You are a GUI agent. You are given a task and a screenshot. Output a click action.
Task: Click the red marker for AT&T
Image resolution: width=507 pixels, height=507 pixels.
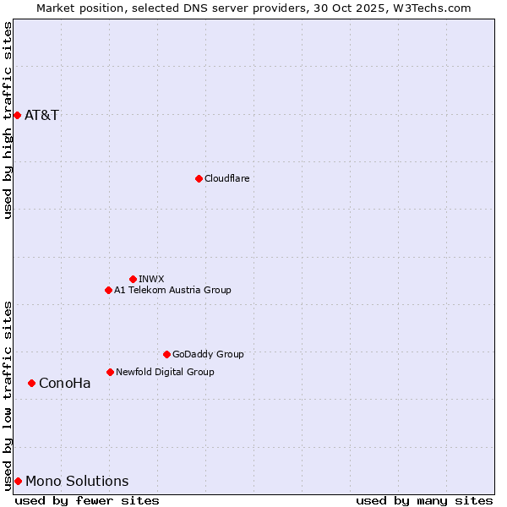pyautogui.click(x=17, y=115)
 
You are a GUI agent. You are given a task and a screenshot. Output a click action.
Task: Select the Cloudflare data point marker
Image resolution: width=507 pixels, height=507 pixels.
pyautogui.click(x=199, y=178)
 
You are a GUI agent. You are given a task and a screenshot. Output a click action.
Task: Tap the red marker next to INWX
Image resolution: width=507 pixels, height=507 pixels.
pyautogui.click(x=133, y=279)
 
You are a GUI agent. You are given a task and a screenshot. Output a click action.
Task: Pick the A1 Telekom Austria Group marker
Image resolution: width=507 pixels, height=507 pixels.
pyautogui.click(x=108, y=290)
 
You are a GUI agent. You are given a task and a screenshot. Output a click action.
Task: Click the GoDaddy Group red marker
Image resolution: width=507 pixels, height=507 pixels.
pyautogui.click(x=166, y=354)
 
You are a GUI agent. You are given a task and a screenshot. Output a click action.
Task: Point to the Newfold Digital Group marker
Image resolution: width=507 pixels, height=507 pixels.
pyautogui.click(x=110, y=372)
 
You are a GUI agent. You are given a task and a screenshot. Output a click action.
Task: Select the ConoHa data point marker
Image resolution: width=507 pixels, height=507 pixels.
pyautogui.click(x=31, y=383)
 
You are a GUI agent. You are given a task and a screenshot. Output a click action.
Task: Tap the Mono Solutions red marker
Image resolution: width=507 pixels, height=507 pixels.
pyautogui.click(x=18, y=481)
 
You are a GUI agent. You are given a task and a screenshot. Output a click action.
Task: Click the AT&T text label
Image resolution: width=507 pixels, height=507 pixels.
pyautogui.click(x=41, y=115)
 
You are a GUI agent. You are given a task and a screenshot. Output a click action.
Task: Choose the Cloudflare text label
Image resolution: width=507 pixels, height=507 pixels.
pyautogui.click(x=226, y=178)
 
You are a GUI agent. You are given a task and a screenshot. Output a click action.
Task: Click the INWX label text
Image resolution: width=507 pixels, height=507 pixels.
pyautogui.click(x=151, y=279)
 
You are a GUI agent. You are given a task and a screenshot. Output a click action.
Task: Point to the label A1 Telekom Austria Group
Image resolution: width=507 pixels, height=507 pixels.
pyautogui.click(x=172, y=290)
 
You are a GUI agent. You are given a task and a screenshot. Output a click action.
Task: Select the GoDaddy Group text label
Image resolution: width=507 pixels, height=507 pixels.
pyautogui.click(x=208, y=354)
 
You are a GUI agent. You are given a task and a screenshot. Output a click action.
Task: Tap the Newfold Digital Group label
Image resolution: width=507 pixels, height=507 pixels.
pyautogui.click(x=165, y=372)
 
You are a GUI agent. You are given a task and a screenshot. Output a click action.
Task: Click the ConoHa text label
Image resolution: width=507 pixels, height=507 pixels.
pyautogui.click(x=64, y=383)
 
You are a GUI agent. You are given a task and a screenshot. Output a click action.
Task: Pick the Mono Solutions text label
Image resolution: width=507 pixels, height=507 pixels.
pyautogui.click(x=77, y=481)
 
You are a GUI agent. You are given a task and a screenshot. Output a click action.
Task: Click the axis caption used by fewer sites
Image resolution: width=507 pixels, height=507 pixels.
pyautogui.click(x=87, y=500)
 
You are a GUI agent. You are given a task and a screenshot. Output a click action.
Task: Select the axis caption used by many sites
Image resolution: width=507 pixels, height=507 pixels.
pyautogui.click(x=424, y=500)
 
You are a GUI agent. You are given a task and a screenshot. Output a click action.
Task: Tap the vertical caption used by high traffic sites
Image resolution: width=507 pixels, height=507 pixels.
pyautogui.click(x=8, y=120)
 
